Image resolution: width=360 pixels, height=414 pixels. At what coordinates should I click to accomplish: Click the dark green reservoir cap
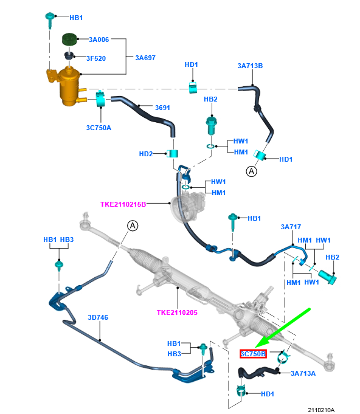[69, 39]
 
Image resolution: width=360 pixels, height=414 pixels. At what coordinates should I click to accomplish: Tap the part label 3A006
[99, 40]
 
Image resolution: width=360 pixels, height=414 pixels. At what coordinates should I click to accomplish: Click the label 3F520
[96, 58]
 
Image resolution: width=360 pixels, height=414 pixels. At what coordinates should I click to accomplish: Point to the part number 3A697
[145, 58]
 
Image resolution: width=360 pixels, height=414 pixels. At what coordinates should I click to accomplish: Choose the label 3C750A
[99, 128]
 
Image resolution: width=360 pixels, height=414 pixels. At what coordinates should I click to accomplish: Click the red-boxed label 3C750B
[254, 354]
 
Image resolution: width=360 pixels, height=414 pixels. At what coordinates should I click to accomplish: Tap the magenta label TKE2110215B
[123, 204]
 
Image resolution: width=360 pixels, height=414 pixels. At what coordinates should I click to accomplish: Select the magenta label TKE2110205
[177, 312]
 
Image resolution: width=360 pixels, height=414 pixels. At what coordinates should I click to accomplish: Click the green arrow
[283, 328]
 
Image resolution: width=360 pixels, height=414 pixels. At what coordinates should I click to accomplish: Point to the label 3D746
[98, 317]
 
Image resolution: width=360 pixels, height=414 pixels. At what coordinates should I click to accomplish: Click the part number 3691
[162, 108]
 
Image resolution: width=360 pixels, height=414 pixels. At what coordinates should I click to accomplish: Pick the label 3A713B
[250, 66]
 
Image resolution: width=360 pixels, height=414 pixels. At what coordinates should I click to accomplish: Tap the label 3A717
[291, 227]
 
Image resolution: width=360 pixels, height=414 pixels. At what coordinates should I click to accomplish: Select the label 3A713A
[303, 373]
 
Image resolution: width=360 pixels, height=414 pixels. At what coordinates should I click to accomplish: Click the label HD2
[146, 154]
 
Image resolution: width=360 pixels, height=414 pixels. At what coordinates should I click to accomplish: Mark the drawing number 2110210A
[321, 410]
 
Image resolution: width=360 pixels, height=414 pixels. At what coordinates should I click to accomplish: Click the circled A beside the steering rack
[133, 226]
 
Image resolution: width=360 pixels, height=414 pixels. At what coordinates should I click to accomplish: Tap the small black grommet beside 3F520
[69, 56]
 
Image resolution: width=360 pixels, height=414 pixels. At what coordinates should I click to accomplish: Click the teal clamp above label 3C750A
[100, 99]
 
